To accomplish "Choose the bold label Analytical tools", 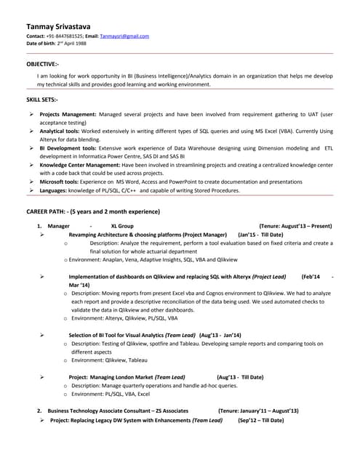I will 60,131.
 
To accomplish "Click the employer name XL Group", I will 121,227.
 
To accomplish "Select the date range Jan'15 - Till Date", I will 260,235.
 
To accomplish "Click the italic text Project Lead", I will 268,277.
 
